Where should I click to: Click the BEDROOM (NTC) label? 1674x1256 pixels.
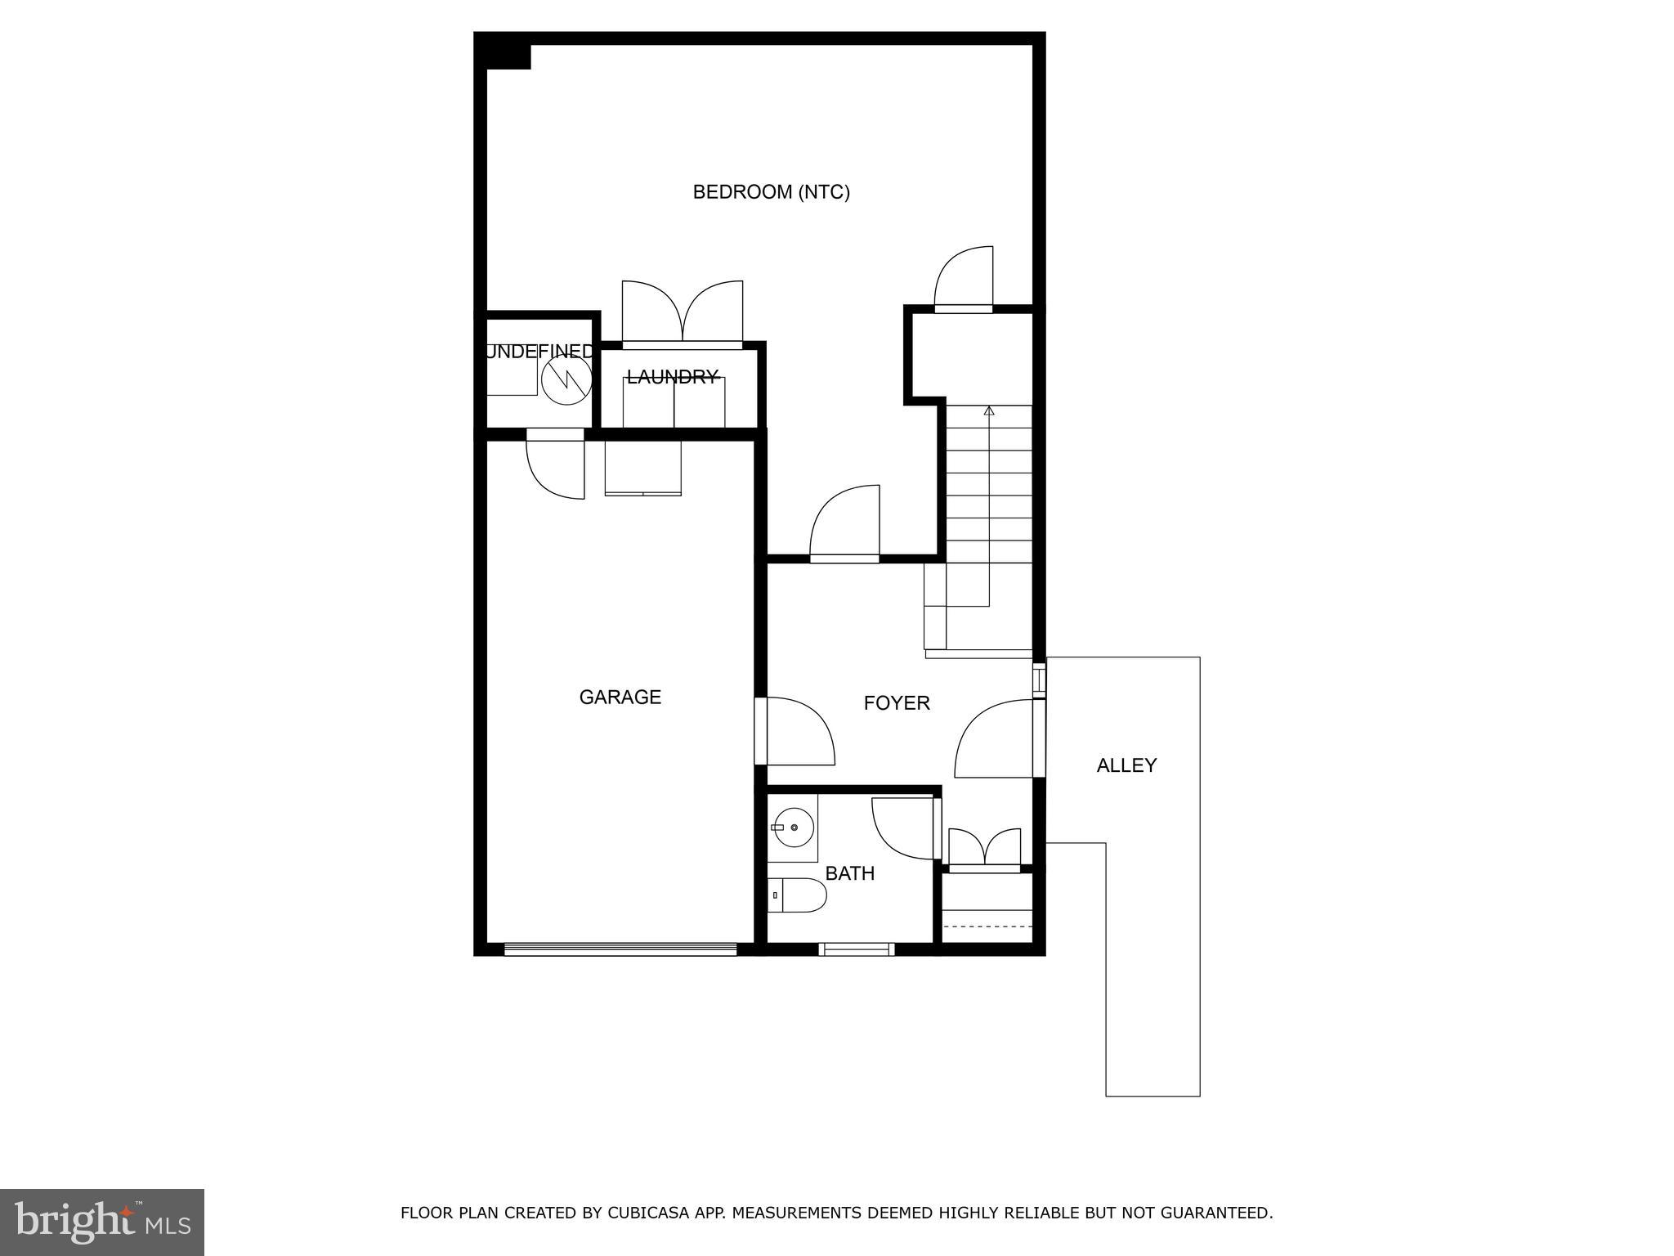[x=771, y=192]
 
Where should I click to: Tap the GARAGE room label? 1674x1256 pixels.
[x=620, y=698]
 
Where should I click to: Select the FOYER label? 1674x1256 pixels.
[x=897, y=703]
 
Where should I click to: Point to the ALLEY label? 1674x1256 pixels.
[x=1126, y=765]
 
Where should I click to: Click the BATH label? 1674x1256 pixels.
[x=850, y=873]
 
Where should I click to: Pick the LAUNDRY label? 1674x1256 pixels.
[x=673, y=377]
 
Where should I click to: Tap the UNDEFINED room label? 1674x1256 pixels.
[x=539, y=352]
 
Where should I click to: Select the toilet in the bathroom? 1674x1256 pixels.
[x=798, y=895]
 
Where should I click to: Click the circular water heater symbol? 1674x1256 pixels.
[x=566, y=378]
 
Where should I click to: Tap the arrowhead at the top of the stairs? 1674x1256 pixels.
[x=989, y=410]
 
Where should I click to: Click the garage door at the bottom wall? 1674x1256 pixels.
[x=620, y=949]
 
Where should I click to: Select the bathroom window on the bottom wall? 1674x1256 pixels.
[x=856, y=949]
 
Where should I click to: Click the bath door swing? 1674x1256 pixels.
[x=904, y=828]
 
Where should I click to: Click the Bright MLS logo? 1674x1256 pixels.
[x=102, y=1222]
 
